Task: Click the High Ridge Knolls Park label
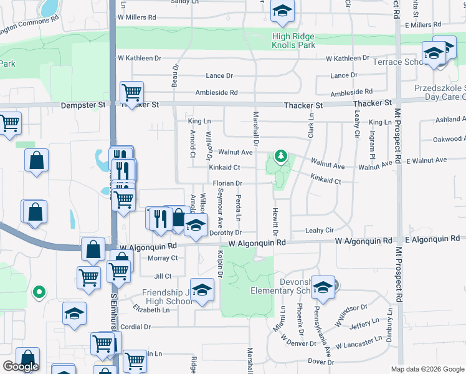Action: (x=293, y=41)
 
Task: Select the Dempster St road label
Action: (x=83, y=105)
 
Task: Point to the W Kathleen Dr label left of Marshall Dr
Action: (x=140, y=58)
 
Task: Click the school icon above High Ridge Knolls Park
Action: (x=282, y=11)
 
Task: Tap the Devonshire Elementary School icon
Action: (x=323, y=287)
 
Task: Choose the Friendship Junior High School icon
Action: (x=202, y=290)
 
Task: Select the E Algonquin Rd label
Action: (x=432, y=239)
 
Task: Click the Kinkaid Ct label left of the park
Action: (x=224, y=168)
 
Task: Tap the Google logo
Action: (x=21, y=367)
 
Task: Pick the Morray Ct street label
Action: (x=163, y=258)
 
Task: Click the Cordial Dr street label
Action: (x=135, y=327)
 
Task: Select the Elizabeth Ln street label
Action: (x=151, y=310)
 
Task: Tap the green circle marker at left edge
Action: (x=39, y=291)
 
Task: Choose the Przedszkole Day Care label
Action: (x=440, y=93)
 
